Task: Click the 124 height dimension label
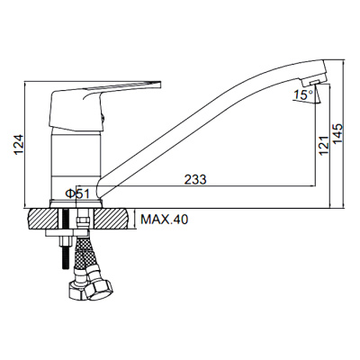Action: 19,144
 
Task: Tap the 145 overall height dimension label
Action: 337,133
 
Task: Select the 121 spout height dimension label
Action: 324,145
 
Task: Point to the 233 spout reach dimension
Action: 195,179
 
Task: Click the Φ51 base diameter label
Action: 77,194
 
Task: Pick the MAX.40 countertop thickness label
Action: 165,220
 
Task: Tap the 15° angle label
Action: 303,95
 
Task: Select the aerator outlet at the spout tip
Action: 314,82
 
